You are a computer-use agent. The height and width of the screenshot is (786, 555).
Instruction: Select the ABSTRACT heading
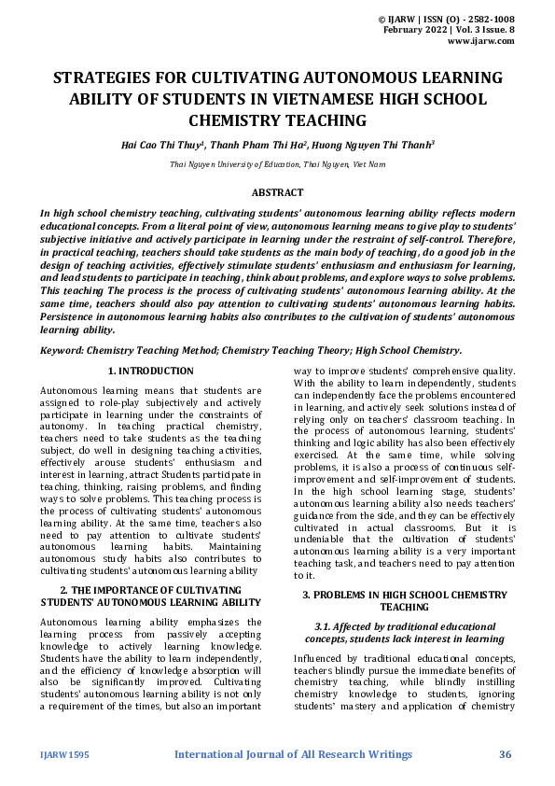pos(277,192)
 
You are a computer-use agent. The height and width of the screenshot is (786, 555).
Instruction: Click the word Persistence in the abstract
pos(71,316)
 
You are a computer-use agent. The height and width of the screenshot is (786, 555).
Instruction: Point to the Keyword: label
pos(62,350)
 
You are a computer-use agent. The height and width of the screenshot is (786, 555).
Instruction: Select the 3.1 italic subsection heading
pos(404,632)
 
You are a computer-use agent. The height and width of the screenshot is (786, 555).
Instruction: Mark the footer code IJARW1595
pos(64,754)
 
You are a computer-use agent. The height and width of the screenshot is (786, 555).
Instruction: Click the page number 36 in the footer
pos(506,754)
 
